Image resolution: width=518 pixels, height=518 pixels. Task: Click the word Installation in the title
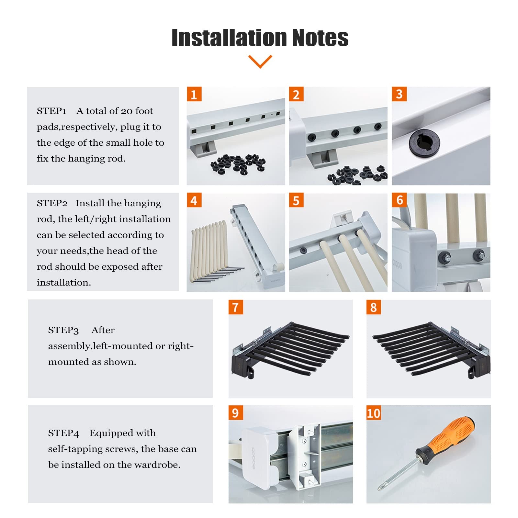coord(229,38)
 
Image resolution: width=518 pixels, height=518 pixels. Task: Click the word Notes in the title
coord(320,38)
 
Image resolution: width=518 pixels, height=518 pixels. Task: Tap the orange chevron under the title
coord(260,62)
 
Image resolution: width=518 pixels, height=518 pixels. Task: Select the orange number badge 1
coord(194,94)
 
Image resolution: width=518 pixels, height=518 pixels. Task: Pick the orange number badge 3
coord(399,94)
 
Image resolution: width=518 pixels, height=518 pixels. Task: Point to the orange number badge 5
coord(296,200)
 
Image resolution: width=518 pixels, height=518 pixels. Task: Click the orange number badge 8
coord(374,307)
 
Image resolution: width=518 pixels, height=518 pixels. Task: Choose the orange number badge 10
coord(374,413)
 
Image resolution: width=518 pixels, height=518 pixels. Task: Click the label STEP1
coord(51,111)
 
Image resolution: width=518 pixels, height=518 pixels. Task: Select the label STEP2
coord(52,203)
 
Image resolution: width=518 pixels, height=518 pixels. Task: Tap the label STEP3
coord(63,330)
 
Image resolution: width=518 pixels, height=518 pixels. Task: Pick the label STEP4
coord(63,433)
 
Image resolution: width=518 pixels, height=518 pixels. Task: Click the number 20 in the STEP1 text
coord(127,111)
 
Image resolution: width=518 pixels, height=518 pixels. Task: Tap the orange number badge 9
coord(236,413)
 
